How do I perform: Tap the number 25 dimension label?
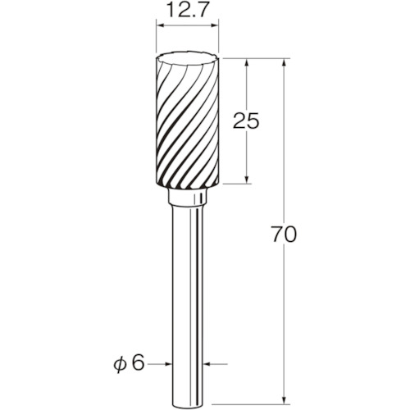pos(246,121)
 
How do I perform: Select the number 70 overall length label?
pos(284,235)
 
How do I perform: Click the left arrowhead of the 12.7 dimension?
pos(160,25)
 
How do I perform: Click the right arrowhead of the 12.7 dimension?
pos(215,25)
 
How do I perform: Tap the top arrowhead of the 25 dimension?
pos(247,62)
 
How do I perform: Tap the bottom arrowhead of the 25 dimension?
pos(247,180)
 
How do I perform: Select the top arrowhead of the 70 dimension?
pos(285,62)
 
